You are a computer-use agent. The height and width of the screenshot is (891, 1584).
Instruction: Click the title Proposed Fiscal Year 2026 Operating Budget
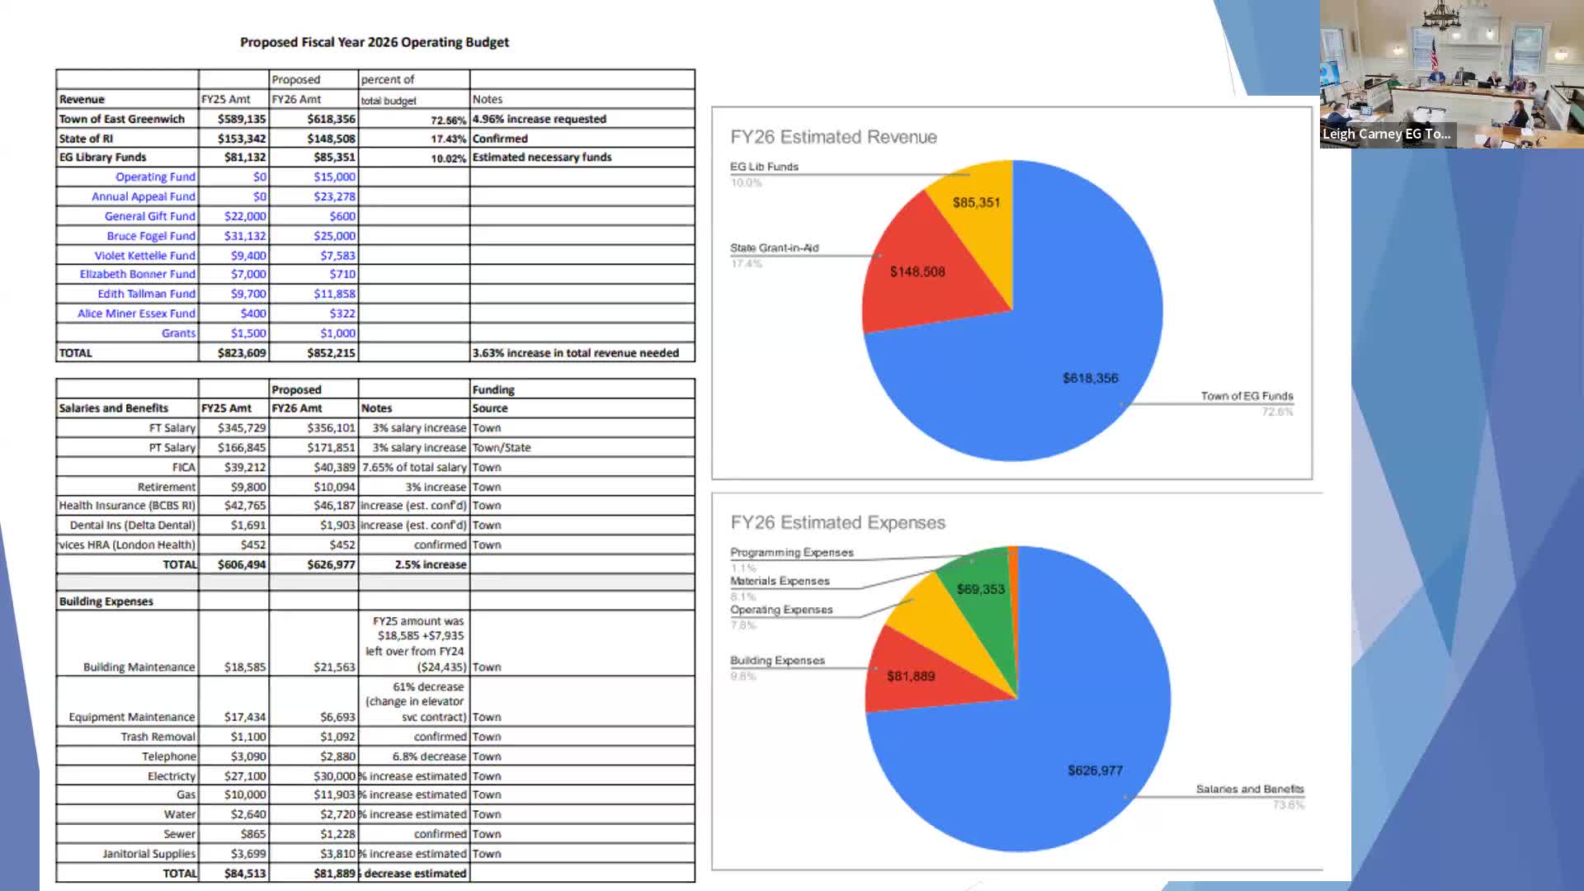pyautogui.click(x=374, y=42)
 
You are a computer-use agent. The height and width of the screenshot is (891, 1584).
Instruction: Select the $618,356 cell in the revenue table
pyautogui.click(x=331, y=119)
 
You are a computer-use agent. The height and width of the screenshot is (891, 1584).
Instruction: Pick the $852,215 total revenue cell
pyautogui.click(x=331, y=353)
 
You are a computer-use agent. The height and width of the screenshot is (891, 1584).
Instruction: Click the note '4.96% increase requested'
pyautogui.click(x=540, y=119)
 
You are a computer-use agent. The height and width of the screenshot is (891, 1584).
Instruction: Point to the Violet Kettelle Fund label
pyautogui.click(x=144, y=256)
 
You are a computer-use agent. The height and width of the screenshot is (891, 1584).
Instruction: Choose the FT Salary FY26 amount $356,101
pyautogui.click(x=331, y=428)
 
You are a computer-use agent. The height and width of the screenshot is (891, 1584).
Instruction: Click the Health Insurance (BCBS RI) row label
pyautogui.click(x=127, y=506)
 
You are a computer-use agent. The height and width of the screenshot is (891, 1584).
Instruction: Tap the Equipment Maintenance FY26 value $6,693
pyautogui.click(x=337, y=718)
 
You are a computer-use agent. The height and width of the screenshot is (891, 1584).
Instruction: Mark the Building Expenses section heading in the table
pyautogui.click(x=106, y=601)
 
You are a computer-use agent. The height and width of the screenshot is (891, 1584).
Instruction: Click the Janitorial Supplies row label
pyautogui.click(x=148, y=854)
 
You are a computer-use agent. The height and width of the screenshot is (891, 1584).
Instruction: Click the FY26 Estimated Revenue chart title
pyautogui.click(x=833, y=137)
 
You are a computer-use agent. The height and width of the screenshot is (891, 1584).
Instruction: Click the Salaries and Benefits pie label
pyautogui.click(x=1249, y=790)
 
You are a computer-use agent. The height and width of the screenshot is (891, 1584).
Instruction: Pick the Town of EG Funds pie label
pyautogui.click(x=1247, y=397)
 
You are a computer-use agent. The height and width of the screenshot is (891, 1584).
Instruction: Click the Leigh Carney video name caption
pyautogui.click(x=1386, y=134)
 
